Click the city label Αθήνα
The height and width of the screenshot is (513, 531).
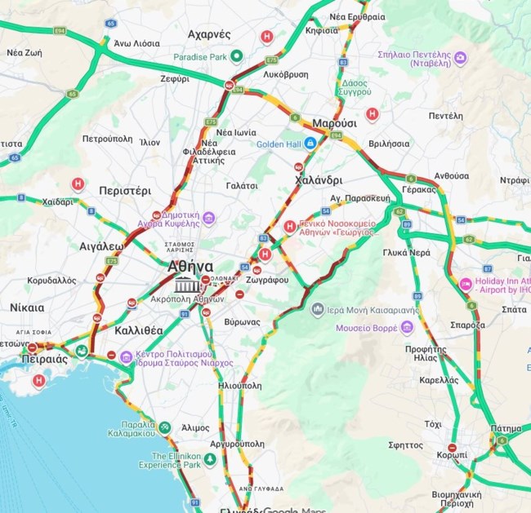tap(190, 267)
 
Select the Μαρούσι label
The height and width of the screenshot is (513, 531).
tap(334, 123)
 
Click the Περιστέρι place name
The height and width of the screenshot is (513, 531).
tap(124, 190)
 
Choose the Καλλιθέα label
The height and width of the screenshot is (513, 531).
tap(139, 330)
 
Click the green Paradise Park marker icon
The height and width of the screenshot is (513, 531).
tap(236, 56)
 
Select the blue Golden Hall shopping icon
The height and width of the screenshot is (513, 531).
tap(310, 144)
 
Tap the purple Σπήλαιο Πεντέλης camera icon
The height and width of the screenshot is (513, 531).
tap(460, 57)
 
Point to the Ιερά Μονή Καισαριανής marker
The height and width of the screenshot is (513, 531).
tap(318, 308)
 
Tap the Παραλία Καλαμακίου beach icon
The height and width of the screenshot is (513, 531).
tap(164, 427)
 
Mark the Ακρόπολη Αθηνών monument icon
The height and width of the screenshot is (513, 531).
tap(185, 285)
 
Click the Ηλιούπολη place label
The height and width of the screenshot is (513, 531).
tap(240, 385)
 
